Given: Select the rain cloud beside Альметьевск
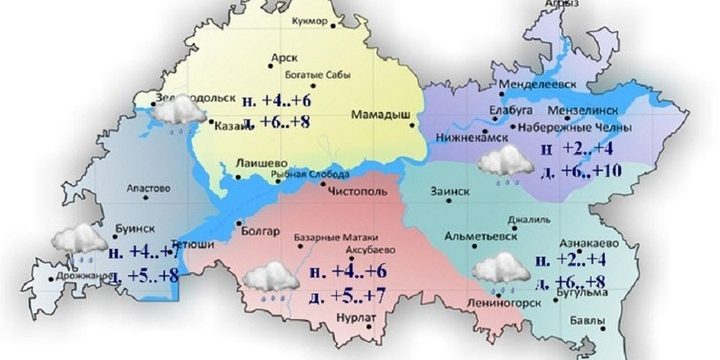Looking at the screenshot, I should coord(502,270).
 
